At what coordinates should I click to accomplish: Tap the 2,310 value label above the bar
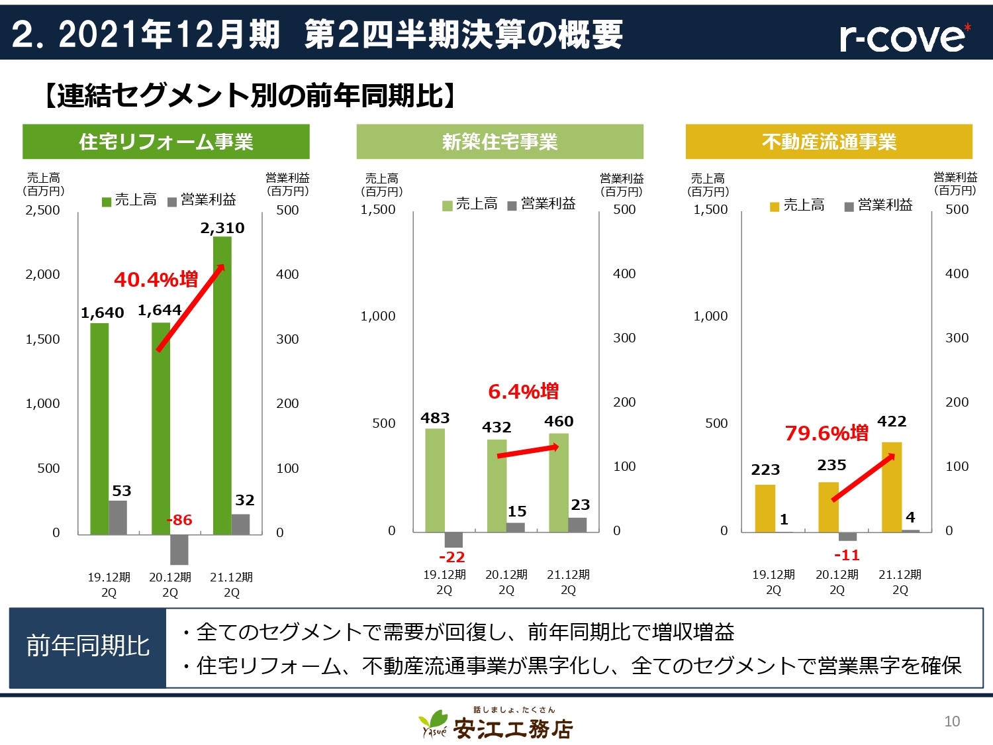click(x=222, y=228)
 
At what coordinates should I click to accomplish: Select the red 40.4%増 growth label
click(x=156, y=279)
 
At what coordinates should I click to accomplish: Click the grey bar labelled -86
click(x=179, y=549)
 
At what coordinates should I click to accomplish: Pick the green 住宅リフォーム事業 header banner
click(x=166, y=142)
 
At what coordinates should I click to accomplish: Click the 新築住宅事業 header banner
click(x=500, y=142)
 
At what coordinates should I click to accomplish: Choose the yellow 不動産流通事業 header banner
click(x=829, y=142)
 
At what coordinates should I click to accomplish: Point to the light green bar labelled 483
click(x=435, y=480)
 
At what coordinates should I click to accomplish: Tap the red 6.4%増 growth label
click(x=523, y=391)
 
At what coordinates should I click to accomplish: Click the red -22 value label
click(x=452, y=557)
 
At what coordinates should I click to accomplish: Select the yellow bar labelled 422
click(x=892, y=487)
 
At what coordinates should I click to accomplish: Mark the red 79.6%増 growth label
click(x=826, y=433)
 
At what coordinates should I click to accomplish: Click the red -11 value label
click(x=847, y=555)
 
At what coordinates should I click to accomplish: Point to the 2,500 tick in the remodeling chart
click(x=42, y=210)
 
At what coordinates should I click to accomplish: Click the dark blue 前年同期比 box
click(x=88, y=646)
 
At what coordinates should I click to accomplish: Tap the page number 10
click(x=952, y=721)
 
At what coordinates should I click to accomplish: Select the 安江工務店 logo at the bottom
click(x=496, y=724)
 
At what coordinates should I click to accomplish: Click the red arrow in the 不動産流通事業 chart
click(x=863, y=477)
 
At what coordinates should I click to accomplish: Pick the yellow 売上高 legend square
click(x=775, y=207)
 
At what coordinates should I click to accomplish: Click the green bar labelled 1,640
click(x=99, y=428)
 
